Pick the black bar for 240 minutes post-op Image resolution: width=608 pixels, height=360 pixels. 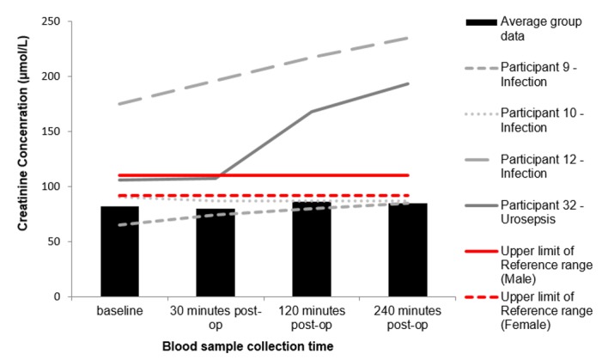[407, 250]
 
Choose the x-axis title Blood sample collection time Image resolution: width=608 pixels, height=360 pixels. [263, 345]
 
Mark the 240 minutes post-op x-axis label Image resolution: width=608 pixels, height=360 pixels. [407, 318]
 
